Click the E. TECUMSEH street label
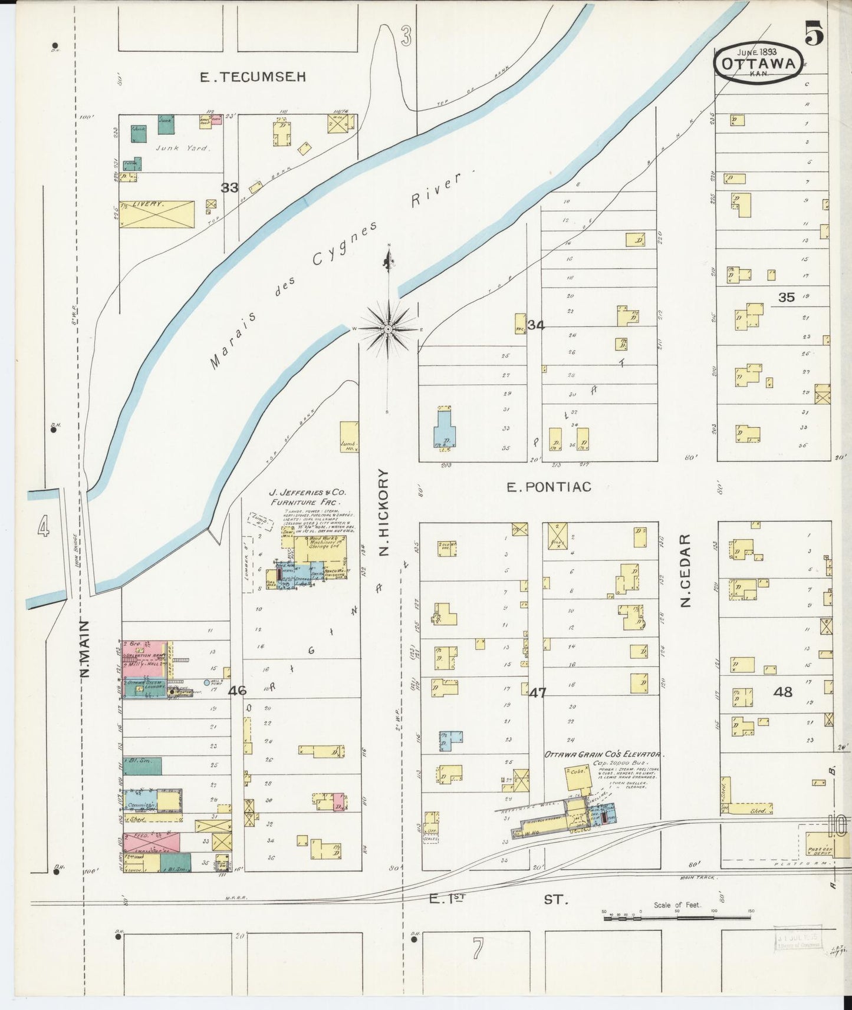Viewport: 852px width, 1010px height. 253,77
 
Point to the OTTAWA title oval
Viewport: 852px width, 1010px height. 759,63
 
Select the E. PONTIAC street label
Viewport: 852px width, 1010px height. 549,487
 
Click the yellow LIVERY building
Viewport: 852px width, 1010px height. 157,214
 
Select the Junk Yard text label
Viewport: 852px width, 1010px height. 182,148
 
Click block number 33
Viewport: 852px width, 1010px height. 229,187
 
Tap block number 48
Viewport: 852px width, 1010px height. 782,692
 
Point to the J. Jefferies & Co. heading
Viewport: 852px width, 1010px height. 307,491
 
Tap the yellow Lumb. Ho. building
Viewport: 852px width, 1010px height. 349,437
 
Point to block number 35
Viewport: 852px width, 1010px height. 786,298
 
